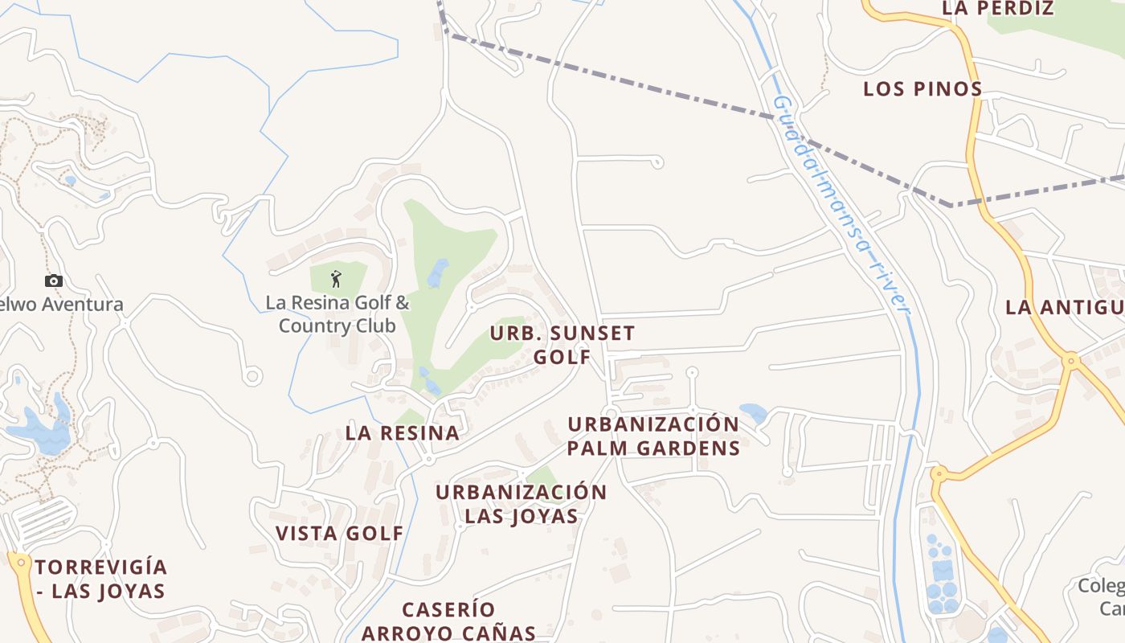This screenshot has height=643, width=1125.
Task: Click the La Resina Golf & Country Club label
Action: (x=337, y=314)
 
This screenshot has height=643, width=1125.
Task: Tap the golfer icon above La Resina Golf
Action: (x=336, y=279)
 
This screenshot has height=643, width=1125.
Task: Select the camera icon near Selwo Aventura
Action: (x=54, y=281)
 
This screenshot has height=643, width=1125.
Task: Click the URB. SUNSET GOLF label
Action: (x=562, y=345)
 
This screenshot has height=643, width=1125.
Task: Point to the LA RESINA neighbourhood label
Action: (x=403, y=432)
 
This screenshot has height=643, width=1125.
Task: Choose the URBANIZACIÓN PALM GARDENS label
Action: (x=653, y=436)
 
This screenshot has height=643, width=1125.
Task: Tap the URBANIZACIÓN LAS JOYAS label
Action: (x=521, y=503)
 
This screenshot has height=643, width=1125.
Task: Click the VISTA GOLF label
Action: (x=339, y=533)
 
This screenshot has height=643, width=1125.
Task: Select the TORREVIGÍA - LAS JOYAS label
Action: (x=100, y=579)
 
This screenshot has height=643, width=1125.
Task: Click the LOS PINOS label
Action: (x=922, y=88)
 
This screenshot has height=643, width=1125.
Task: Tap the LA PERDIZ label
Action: (x=996, y=9)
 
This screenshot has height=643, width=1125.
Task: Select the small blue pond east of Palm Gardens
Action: (x=754, y=413)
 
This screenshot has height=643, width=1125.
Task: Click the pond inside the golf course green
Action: (x=438, y=272)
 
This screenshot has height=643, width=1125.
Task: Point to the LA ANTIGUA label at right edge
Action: (x=1064, y=307)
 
